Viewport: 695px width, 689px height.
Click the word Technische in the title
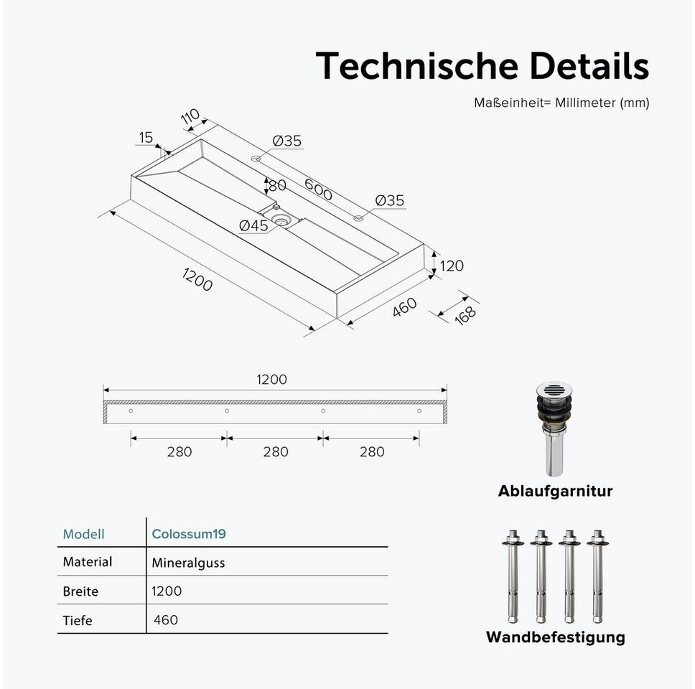click(416, 65)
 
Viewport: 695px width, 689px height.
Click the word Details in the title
click(589, 65)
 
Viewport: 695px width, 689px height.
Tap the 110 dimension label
click(190, 117)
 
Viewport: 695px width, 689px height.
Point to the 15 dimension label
click(146, 138)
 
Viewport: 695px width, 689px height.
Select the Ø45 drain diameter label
click(253, 225)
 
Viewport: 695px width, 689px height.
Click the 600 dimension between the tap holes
click(318, 189)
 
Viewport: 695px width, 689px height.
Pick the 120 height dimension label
click(452, 266)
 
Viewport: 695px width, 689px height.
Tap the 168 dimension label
click(465, 316)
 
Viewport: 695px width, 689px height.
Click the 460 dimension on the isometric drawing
click(404, 307)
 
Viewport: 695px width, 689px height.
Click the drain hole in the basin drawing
click(281, 218)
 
